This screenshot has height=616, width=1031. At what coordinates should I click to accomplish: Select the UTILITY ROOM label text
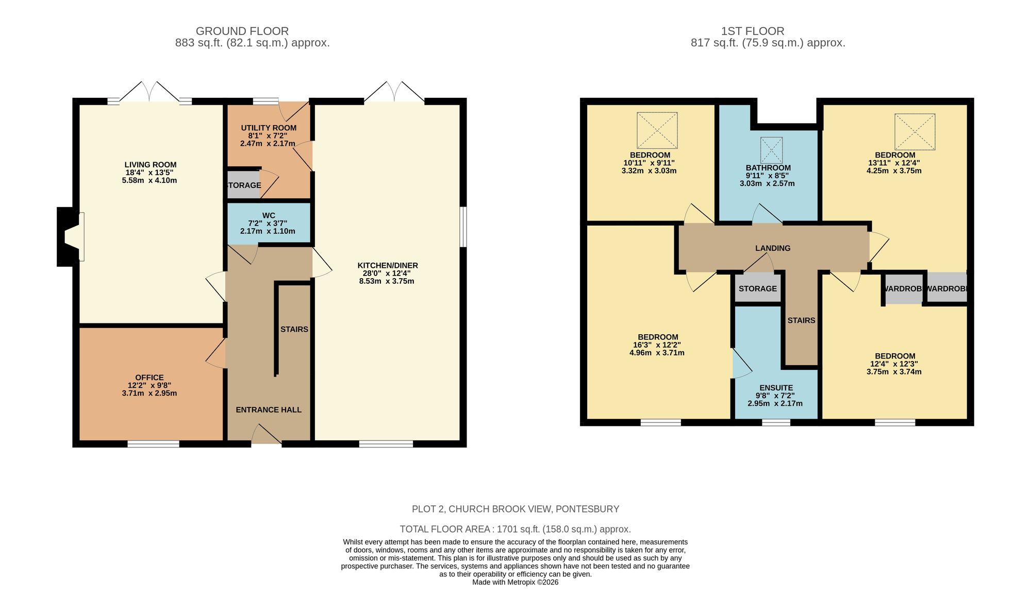(x=269, y=128)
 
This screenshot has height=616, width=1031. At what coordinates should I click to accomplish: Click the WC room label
(x=269, y=215)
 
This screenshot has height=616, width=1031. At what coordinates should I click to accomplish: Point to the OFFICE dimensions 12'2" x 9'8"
(x=149, y=385)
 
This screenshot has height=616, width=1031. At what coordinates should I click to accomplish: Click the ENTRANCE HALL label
(x=269, y=410)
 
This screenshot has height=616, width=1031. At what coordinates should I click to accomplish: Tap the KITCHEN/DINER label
(x=387, y=265)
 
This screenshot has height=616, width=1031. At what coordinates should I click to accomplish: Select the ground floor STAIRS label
(x=294, y=329)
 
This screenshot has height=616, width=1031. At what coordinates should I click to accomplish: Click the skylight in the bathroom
(x=771, y=150)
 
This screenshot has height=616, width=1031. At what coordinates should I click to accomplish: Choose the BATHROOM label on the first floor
(x=768, y=168)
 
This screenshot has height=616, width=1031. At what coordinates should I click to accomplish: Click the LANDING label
(x=773, y=248)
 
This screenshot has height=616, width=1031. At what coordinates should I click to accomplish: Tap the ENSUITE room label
(x=776, y=388)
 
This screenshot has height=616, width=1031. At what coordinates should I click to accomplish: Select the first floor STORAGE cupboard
(x=757, y=288)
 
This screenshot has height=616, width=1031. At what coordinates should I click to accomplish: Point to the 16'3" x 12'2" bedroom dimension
(x=657, y=345)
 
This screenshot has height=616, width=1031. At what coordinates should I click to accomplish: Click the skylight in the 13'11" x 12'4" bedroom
(x=914, y=132)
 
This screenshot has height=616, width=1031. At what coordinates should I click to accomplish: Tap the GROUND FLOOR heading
(x=242, y=31)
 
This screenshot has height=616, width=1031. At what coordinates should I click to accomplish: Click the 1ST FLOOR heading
(x=752, y=31)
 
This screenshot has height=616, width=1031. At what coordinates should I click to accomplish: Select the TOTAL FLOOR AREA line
(x=515, y=529)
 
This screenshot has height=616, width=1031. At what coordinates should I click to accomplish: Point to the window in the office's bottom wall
(x=153, y=443)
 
